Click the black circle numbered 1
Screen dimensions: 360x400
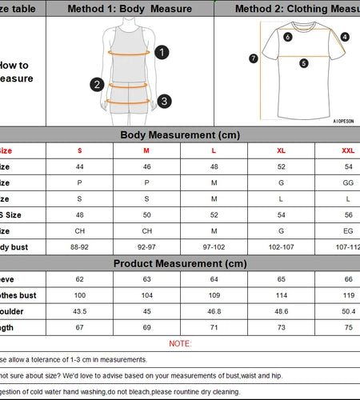pyautogui.click(x=162, y=53)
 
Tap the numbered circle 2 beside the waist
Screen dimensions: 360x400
pyautogui.click(x=98, y=84)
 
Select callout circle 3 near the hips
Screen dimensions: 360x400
pyautogui.click(x=163, y=101)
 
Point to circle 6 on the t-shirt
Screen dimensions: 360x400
pyautogui.click(x=288, y=37)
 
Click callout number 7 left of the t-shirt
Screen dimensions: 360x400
pyautogui.click(x=254, y=58)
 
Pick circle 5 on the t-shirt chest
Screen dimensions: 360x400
pyautogui.click(x=304, y=63)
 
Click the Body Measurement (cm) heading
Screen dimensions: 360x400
pyautogui.click(x=180, y=135)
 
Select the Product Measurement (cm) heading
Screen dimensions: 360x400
pyautogui.click(x=180, y=263)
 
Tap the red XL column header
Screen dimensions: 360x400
pyautogui.click(x=281, y=150)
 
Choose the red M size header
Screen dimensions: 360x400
pyautogui.click(x=146, y=150)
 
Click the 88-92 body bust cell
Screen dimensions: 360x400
pyautogui.click(x=79, y=247)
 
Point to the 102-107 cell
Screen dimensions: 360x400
pyautogui.click(x=281, y=247)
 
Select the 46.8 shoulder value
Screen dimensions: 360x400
pyautogui.click(x=214, y=311)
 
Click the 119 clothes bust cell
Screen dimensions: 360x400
pyautogui.click(x=348, y=295)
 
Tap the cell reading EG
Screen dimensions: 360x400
pyautogui.click(x=348, y=231)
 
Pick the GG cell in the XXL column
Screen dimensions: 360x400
pyautogui.click(x=348, y=182)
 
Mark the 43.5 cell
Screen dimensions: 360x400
pyautogui.click(x=79, y=311)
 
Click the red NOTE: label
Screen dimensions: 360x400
pyautogui.click(x=180, y=343)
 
